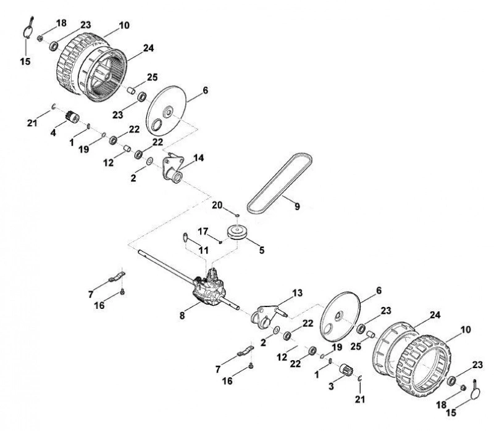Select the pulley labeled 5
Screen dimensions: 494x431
237,232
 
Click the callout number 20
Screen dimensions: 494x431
217,205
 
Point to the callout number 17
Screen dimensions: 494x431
203,232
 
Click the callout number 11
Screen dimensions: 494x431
204,250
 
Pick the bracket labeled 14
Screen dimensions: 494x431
172,169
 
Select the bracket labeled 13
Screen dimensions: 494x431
268,316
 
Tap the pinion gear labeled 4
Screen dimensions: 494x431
72,118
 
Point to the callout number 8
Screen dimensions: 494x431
182,316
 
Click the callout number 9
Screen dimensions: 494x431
297,207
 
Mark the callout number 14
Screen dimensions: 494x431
199,158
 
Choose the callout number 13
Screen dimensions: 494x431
297,293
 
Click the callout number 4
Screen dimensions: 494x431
53,133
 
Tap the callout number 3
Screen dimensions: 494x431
331,387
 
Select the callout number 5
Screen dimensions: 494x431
261,250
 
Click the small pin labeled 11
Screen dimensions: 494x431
186,237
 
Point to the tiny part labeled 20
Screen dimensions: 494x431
237,215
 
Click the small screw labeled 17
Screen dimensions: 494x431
221,242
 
